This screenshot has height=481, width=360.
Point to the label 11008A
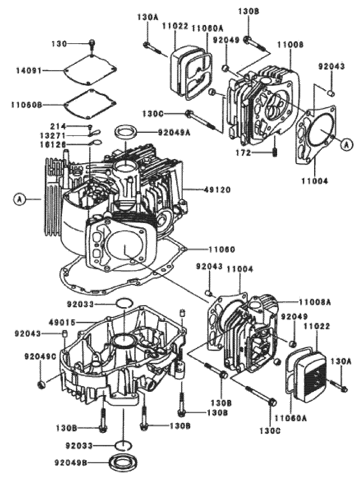coord(315,302)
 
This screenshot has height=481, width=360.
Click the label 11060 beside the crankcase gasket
coord(218,249)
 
